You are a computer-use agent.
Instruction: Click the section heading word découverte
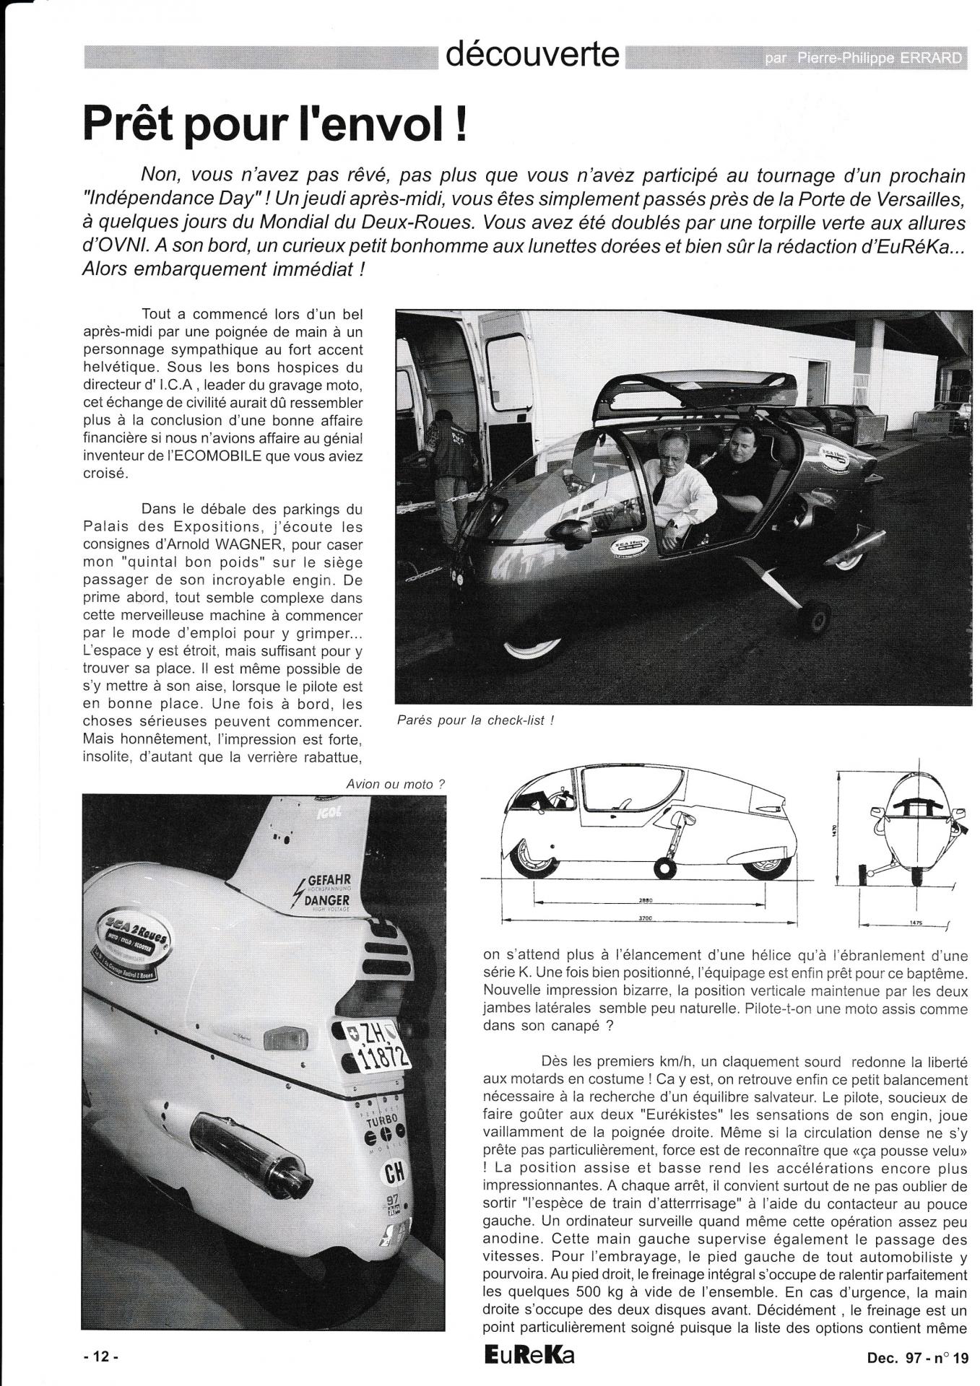[533, 55]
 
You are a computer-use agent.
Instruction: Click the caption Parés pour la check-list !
[475, 720]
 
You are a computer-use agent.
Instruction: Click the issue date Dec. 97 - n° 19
[917, 1357]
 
